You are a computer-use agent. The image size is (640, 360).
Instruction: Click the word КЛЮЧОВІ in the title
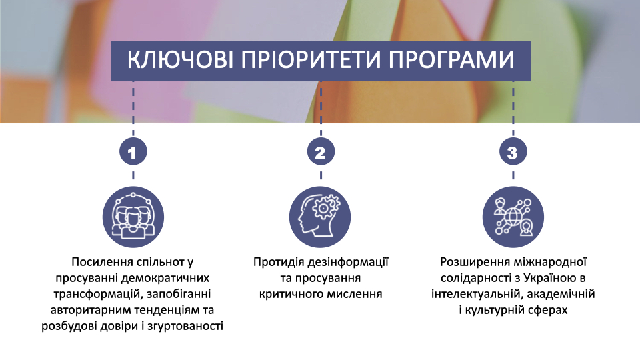(x=180, y=59)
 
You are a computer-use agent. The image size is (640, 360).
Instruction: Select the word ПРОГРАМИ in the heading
(x=451, y=59)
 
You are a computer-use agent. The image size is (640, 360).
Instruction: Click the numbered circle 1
(x=133, y=152)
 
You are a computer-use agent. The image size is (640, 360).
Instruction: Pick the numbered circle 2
(x=321, y=152)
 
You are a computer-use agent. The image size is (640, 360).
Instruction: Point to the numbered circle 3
(x=513, y=152)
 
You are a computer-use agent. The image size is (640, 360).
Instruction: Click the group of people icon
(x=133, y=217)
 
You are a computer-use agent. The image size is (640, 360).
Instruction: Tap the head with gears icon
(x=320, y=217)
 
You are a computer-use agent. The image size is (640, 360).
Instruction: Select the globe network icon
(x=513, y=217)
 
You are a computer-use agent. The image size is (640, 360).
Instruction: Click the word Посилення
(x=103, y=262)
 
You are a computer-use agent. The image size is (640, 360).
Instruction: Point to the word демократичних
(x=165, y=279)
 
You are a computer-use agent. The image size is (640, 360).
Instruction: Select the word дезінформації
(x=348, y=262)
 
